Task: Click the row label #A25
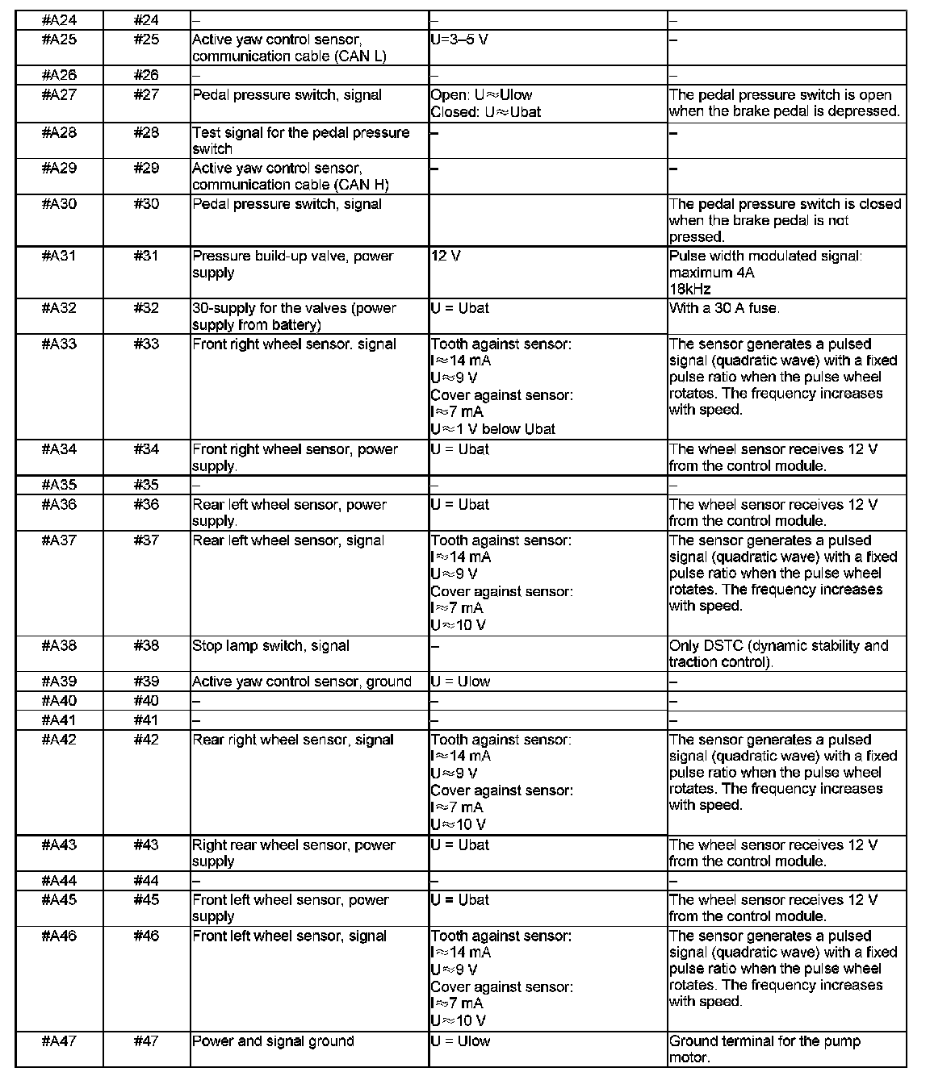(x=59, y=40)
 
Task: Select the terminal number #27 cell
(x=146, y=94)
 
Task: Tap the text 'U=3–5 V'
(x=459, y=40)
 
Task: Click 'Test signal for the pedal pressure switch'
(x=300, y=140)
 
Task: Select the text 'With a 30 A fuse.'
(x=724, y=308)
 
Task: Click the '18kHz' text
(x=689, y=289)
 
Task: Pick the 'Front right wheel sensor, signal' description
(x=294, y=344)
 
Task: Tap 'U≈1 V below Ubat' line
(x=492, y=429)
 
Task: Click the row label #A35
(x=59, y=485)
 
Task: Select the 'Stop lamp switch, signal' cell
(x=270, y=645)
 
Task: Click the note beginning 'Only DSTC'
(x=778, y=653)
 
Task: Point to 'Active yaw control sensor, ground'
(x=301, y=682)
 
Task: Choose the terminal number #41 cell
(x=146, y=720)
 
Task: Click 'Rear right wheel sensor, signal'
(x=292, y=740)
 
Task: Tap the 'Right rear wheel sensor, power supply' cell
(x=293, y=853)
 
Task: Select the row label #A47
(x=59, y=1041)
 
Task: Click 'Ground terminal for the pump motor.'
(x=765, y=1049)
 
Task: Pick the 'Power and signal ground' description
(x=273, y=1041)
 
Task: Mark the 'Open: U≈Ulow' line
(x=481, y=94)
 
